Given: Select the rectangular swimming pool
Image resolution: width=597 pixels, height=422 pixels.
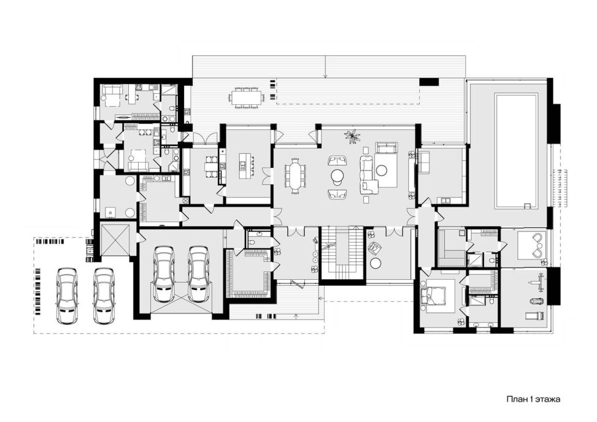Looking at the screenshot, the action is tap(517, 151).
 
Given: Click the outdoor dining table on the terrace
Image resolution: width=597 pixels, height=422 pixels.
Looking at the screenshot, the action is tap(247, 97).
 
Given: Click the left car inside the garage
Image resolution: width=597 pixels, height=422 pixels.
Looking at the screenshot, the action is tap(164, 273).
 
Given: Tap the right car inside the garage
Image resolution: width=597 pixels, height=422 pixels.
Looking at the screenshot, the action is tap(198, 273).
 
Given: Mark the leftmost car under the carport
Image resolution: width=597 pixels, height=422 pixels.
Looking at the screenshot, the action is tap(67, 296).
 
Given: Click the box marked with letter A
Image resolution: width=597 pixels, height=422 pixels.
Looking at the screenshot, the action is tap(111, 213).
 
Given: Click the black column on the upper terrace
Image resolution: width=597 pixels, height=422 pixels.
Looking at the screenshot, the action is tap(429, 82).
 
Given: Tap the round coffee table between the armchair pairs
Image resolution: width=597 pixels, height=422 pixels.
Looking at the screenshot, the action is tap(337, 177).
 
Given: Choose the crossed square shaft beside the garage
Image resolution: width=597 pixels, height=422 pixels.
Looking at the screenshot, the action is tap(115, 240).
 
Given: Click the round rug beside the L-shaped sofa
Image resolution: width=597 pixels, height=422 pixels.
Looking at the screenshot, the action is tap(381, 170).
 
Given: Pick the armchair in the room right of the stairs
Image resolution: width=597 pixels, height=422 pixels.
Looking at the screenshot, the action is tap(375, 248).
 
